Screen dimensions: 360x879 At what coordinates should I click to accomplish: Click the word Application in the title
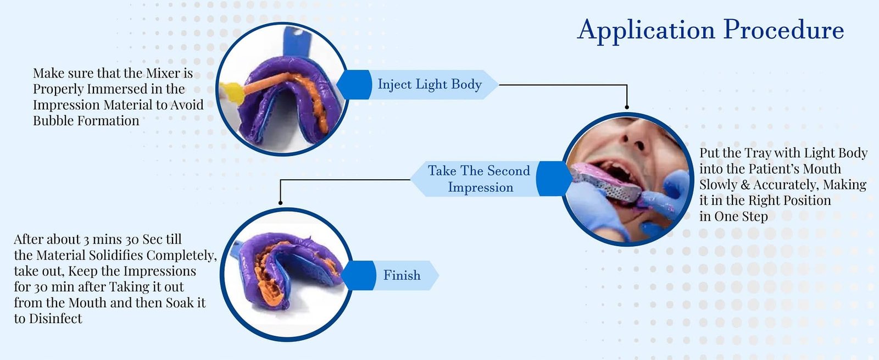pyautogui.click(x=645, y=30)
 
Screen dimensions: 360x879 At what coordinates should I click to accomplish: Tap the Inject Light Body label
pyautogui.click(x=430, y=85)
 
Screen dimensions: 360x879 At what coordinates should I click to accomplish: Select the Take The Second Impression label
pyautogui.click(x=479, y=179)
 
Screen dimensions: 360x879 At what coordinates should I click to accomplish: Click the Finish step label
pyautogui.click(x=402, y=275)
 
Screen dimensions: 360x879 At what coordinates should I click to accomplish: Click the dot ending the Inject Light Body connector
pyautogui.click(x=627, y=107)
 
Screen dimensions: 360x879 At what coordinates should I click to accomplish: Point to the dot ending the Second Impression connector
pyautogui.click(x=280, y=203)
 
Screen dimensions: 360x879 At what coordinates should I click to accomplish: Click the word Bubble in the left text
pyautogui.click(x=53, y=121)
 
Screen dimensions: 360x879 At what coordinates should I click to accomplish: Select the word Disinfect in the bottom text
pyautogui.click(x=55, y=319)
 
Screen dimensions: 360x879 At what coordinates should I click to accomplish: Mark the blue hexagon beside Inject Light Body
pyautogui.click(x=354, y=85)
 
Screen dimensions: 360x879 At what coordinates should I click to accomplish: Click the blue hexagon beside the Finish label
pyautogui.click(x=359, y=275)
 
